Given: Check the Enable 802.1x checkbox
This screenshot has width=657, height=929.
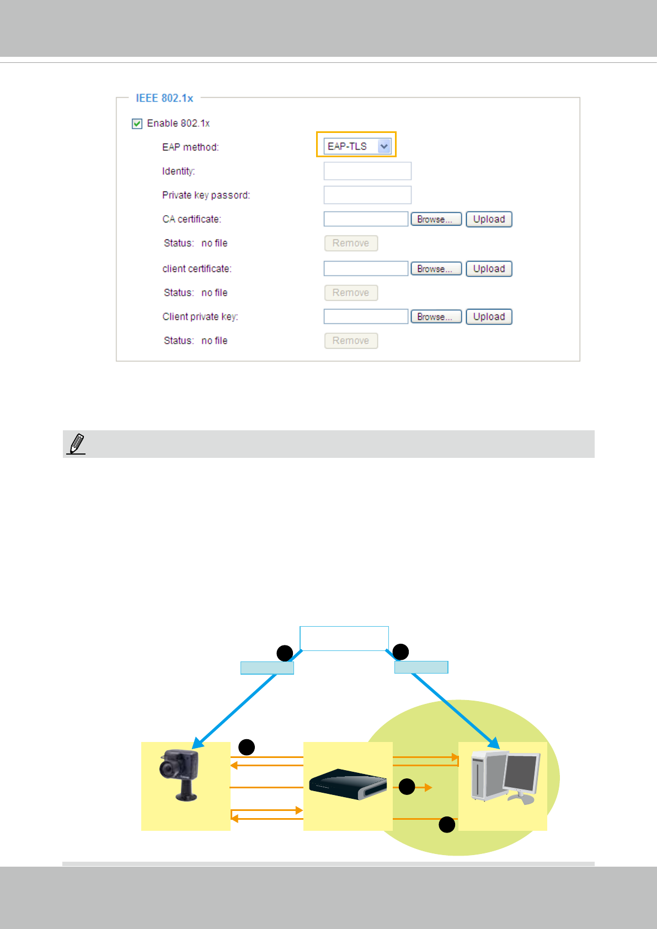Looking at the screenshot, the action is tap(137, 124).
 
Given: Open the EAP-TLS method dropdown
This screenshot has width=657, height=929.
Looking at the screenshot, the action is tap(384, 146).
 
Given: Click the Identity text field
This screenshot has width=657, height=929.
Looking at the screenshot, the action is tap(367, 171).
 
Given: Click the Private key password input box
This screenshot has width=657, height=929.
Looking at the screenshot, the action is tap(367, 195).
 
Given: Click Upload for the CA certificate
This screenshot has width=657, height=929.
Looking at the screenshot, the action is tap(489, 219).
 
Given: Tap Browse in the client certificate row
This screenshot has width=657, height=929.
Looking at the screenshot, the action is tap(436, 269).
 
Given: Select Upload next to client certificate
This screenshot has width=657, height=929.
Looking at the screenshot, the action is tap(489, 269).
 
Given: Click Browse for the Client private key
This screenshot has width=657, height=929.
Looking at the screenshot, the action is tap(436, 317).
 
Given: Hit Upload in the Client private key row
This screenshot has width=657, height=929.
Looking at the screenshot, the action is tap(489, 317).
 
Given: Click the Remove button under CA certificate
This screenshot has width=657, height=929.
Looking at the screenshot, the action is tap(351, 243).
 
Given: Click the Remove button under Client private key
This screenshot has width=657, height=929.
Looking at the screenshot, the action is tap(351, 341).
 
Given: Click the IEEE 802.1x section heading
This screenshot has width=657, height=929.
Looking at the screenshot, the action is tap(164, 98).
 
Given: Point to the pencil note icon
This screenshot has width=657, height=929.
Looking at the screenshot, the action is tap(76, 444).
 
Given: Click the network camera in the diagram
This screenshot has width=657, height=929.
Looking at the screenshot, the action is tap(180, 775).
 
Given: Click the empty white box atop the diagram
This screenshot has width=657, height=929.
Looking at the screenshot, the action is tap(344, 638).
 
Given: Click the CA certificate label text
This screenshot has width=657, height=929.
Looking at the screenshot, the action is tap(191, 219).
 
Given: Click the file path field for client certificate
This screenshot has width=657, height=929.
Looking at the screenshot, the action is tap(366, 269).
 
